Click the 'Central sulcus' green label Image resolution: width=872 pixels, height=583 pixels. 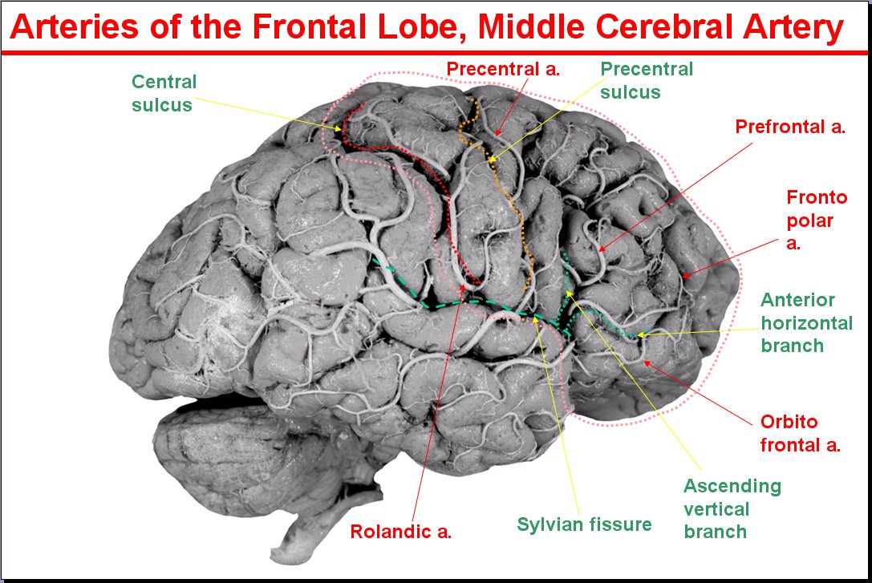click(164, 93)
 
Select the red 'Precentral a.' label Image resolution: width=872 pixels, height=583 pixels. click(502, 69)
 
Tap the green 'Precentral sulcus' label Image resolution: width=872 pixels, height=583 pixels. click(647, 80)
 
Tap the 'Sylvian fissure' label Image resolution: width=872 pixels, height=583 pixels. click(584, 524)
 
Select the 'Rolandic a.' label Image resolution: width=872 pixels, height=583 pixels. click(401, 531)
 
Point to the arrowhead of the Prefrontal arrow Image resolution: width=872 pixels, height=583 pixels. click(597, 252)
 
